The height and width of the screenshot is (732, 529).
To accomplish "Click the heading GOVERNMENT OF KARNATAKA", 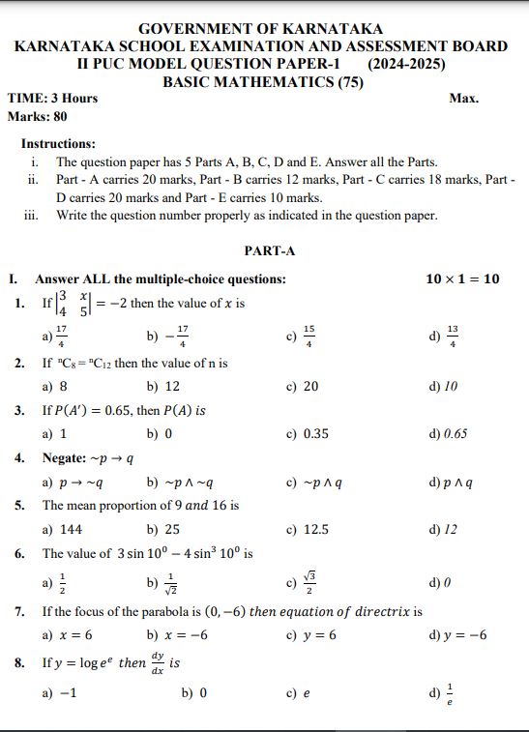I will click(x=260, y=29).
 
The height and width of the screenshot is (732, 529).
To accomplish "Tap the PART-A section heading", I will click(x=269, y=250).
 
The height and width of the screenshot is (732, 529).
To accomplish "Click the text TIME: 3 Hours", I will click(x=52, y=99).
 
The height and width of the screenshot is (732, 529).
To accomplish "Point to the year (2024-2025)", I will click(x=407, y=64).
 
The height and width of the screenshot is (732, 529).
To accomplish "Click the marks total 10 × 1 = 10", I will click(x=462, y=279).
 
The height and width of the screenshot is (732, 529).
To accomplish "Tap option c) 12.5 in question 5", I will click(x=308, y=529).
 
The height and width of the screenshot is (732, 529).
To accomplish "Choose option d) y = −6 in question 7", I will click(x=457, y=635).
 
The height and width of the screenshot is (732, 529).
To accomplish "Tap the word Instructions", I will click(x=58, y=143).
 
